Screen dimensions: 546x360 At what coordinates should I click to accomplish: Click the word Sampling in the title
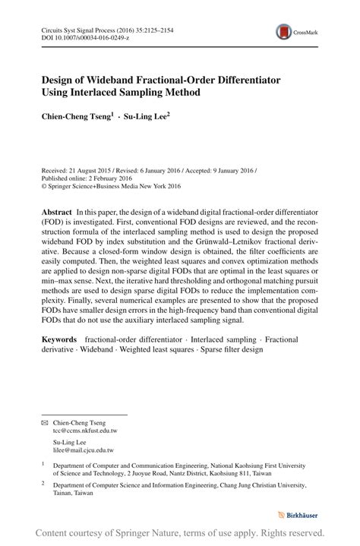pos(152,93)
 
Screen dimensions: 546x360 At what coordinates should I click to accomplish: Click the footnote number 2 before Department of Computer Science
pos(43,482)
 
